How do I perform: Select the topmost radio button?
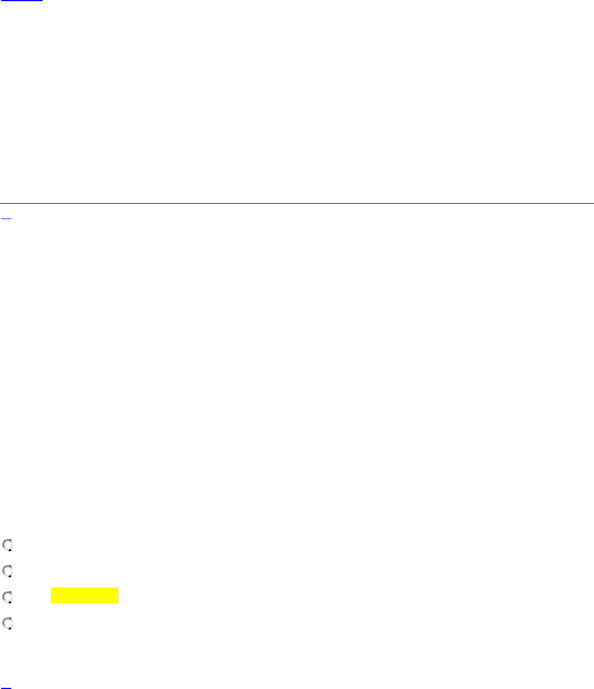[x=7, y=545]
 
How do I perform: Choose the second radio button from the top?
[x=7, y=570]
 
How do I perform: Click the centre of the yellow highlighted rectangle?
[x=85, y=595]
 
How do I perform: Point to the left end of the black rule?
[x=1, y=203]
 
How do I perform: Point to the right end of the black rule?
[x=593, y=203]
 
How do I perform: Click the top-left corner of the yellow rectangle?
[x=52, y=588]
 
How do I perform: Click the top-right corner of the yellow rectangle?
[x=119, y=588]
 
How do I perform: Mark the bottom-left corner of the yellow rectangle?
[x=52, y=603]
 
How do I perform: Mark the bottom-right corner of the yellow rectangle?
[x=119, y=603]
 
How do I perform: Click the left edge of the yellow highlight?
[x=52, y=595]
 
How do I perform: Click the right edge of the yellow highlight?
[x=119, y=595]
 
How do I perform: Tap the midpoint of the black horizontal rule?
[x=297, y=203]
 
